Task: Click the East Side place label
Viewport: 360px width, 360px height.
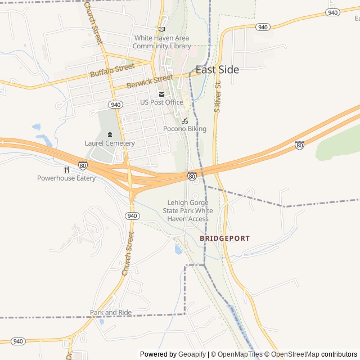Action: [217, 70]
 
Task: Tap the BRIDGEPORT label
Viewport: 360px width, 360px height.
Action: [225, 238]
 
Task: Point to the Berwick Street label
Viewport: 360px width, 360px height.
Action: [150, 82]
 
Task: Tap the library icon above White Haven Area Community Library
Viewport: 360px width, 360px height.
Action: [161, 29]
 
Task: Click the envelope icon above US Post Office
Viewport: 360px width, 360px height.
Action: [161, 94]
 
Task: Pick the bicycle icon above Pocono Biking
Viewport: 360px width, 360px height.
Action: [184, 121]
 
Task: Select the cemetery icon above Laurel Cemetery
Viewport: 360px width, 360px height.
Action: [110, 134]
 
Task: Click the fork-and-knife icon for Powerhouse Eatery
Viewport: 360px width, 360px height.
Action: [66, 169]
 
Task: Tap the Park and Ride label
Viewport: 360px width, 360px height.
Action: [111, 313]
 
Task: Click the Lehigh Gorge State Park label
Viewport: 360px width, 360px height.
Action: [188, 211]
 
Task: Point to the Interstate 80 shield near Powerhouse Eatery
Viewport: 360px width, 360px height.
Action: [83, 166]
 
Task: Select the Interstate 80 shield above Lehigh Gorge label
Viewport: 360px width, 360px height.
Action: [192, 177]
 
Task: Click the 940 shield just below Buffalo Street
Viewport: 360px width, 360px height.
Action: [115, 105]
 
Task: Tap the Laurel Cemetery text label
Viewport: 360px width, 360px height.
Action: [110, 143]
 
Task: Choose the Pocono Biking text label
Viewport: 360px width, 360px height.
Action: [184, 129]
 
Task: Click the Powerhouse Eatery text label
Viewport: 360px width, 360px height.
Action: [66, 178]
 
